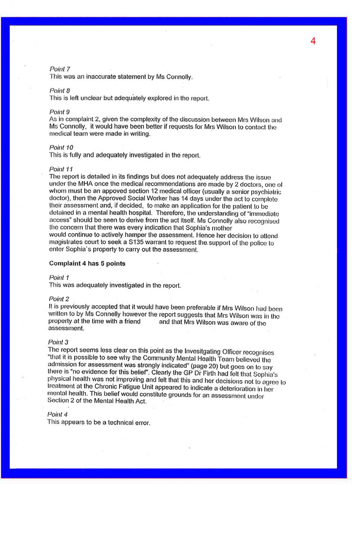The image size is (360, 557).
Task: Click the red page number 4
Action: tap(313, 41)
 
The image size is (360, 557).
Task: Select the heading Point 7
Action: tap(60, 69)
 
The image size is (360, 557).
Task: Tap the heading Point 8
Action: tap(60, 91)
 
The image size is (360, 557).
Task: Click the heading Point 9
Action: tap(60, 112)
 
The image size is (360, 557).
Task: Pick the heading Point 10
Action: tap(61, 148)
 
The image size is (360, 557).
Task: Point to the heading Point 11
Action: tap(61, 169)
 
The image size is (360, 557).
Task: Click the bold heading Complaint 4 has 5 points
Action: tap(87, 263)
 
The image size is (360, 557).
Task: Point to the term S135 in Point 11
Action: tap(136, 243)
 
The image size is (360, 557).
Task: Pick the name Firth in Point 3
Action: tap(207, 373)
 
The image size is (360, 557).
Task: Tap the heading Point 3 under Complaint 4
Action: tap(58, 342)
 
